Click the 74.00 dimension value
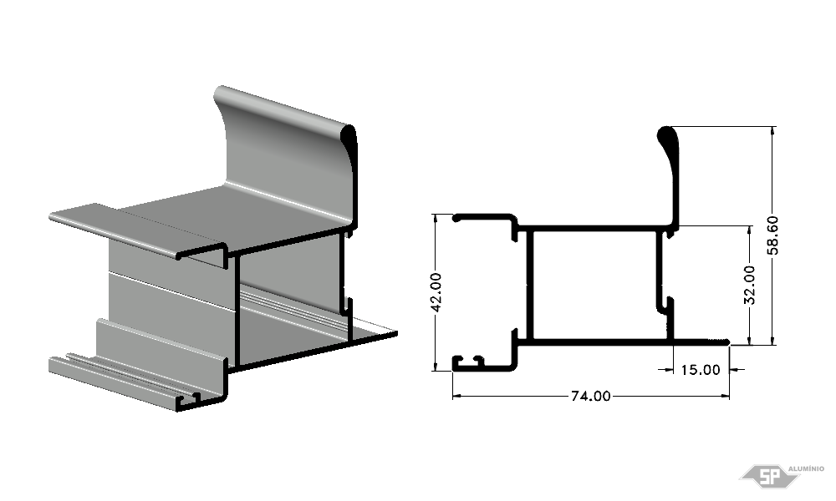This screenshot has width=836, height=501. (591, 396)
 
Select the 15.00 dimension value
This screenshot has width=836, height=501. (701, 370)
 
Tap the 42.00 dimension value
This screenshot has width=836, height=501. (436, 292)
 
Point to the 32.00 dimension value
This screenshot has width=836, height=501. (749, 285)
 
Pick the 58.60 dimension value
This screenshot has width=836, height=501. (773, 235)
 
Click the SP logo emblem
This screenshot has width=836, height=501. (769, 475)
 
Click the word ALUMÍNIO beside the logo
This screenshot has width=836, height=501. (806, 468)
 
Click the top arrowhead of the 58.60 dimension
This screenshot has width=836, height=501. (772, 130)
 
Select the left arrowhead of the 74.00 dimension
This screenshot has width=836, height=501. (457, 396)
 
